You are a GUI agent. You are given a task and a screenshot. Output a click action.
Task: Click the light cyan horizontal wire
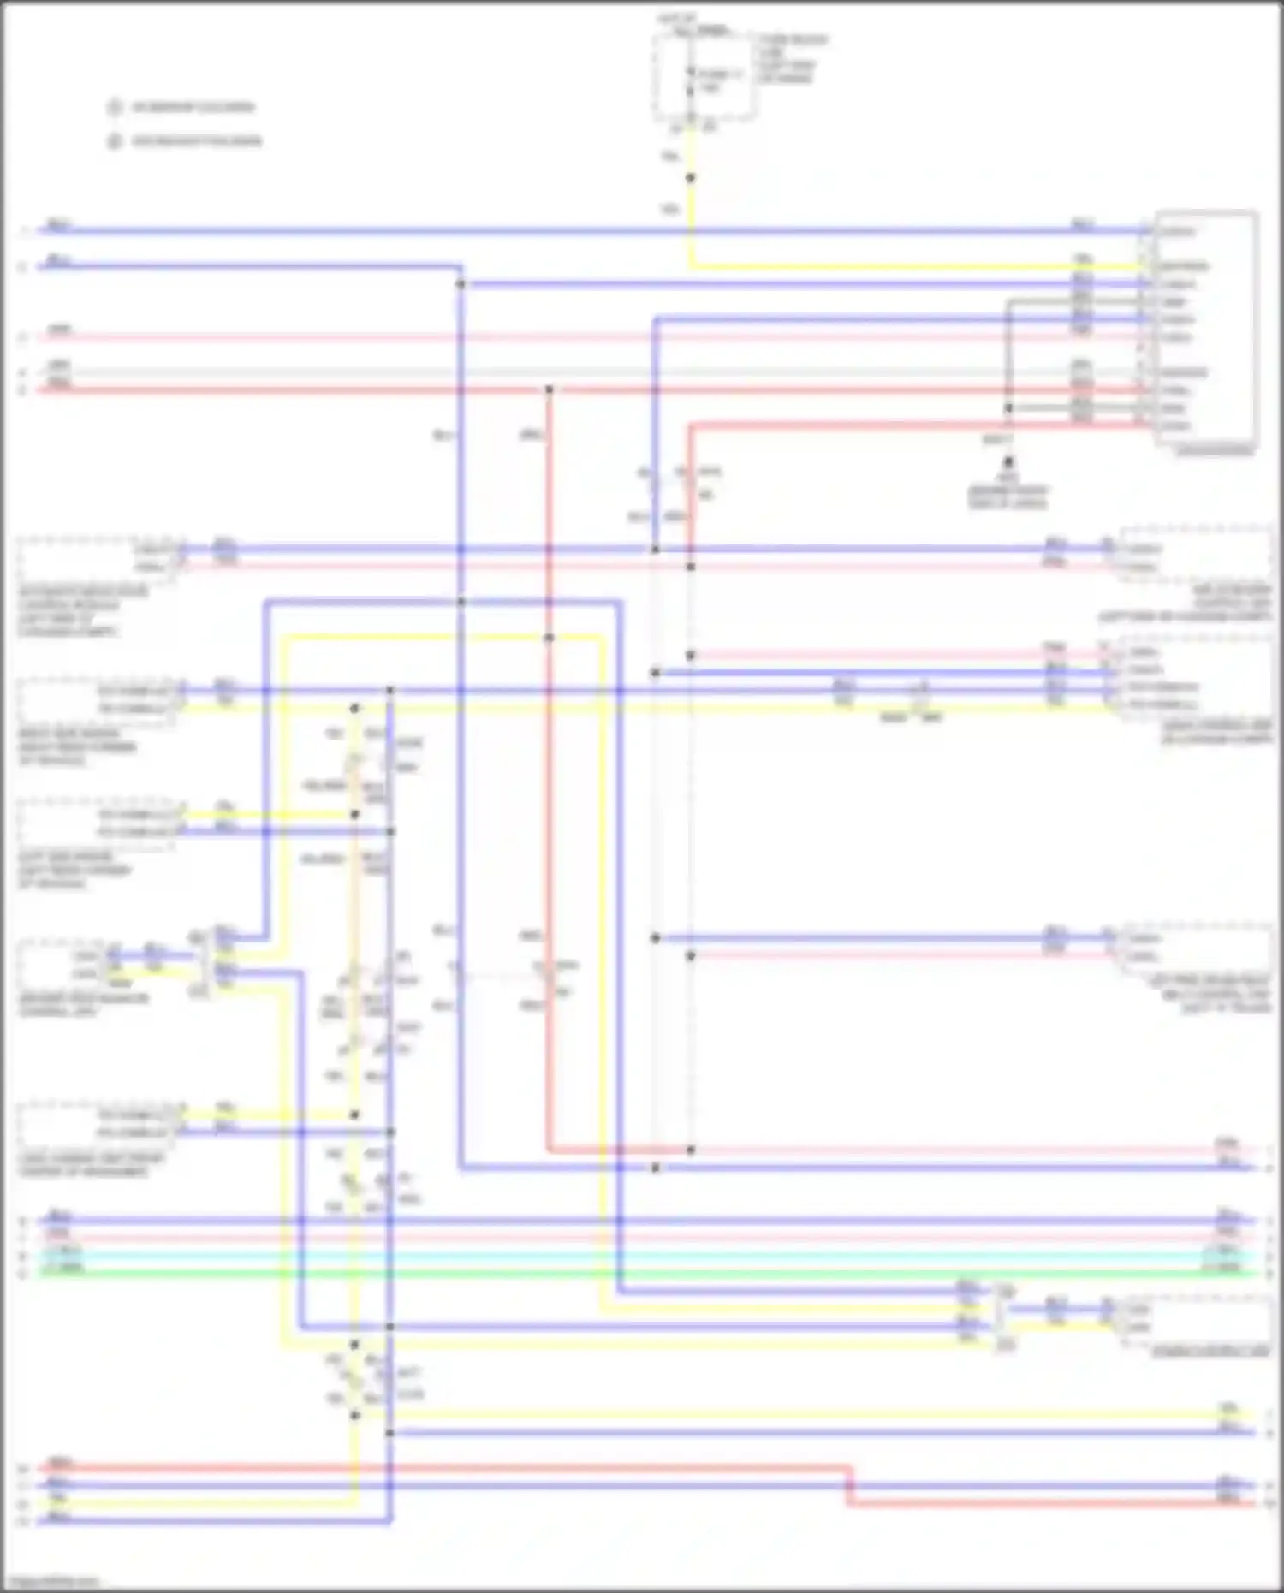click(x=651, y=1256)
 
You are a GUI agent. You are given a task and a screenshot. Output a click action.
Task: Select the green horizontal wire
click(x=651, y=1274)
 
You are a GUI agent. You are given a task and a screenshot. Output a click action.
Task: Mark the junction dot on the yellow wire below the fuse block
click(x=690, y=178)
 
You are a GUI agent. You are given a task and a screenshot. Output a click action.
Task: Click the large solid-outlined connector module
click(x=1205, y=328)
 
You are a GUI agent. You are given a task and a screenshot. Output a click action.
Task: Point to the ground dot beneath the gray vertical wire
click(x=1008, y=461)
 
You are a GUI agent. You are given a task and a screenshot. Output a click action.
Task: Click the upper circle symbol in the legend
click(x=114, y=107)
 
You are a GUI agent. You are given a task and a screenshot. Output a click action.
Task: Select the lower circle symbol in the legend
click(x=114, y=141)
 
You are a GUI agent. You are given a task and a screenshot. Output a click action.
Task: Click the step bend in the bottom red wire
click(x=849, y=1486)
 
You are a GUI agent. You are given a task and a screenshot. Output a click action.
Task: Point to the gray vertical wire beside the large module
click(x=1008, y=360)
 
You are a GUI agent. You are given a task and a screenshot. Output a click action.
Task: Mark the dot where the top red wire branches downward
click(x=549, y=390)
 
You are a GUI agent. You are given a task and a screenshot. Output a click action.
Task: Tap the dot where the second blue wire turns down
click(x=460, y=284)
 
